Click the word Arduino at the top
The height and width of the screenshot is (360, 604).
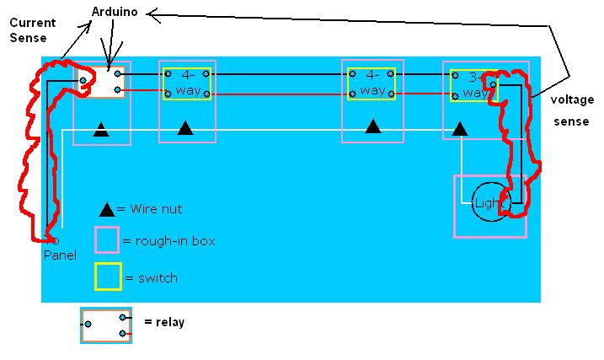coord(118,13)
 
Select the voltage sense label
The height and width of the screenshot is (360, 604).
coord(569,110)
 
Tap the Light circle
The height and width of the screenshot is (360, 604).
coord(490,203)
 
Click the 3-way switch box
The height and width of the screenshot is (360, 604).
coord(473,85)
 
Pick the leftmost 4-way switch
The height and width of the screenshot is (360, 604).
coord(187,83)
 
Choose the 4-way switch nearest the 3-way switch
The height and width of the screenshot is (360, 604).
coord(371,83)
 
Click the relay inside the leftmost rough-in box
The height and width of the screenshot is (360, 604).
coord(101,82)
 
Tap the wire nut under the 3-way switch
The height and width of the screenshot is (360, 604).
coord(460,130)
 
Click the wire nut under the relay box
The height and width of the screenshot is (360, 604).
coord(101,130)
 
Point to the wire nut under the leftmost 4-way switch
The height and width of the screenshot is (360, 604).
coord(186,128)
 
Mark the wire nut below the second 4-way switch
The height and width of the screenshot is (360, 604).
coord(373,127)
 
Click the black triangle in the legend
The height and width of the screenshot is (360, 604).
coord(107,209)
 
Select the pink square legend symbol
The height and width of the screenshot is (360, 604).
coord(106,240)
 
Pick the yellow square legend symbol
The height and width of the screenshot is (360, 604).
coord(106,276)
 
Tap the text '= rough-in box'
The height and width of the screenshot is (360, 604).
coord(169,241)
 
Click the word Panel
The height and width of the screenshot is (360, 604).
coord(60,255)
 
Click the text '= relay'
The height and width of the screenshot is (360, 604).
coord(164,322)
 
